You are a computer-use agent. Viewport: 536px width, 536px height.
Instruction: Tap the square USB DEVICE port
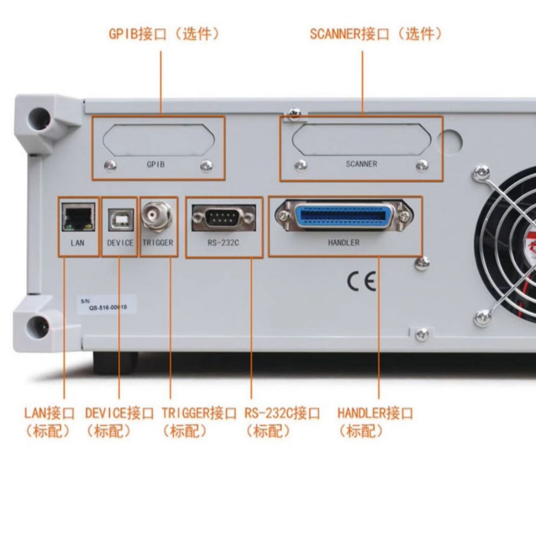(x=120, y=219)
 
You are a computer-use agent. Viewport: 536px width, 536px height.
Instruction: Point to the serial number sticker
(x=105, y=304)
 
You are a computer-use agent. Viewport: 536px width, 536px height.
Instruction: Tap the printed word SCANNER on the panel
(x=361, y=164)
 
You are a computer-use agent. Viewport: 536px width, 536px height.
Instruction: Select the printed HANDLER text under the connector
(x=343, y=242)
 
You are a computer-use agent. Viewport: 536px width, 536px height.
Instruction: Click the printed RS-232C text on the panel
(x=224, y=242)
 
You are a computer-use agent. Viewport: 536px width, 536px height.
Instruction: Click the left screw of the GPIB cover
(x=110, y=165)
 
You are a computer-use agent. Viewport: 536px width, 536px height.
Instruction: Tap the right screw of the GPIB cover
(x=206, y=165)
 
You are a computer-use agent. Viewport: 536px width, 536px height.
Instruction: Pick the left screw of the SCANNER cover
(x=301, y=165)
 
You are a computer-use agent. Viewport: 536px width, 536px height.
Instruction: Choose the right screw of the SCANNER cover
(x=422, y=165)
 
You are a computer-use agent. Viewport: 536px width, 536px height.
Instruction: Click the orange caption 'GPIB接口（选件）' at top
(x=164, y=34)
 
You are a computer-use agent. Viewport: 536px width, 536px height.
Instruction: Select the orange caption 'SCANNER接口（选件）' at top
(x=376, y=34)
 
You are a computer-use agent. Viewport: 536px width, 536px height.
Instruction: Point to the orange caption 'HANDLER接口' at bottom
(x=375, y=413)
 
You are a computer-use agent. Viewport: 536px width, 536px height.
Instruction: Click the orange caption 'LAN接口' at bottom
(x=49, y=413)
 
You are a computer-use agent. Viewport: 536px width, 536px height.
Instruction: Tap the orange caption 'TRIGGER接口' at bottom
(x=199, y=413)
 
